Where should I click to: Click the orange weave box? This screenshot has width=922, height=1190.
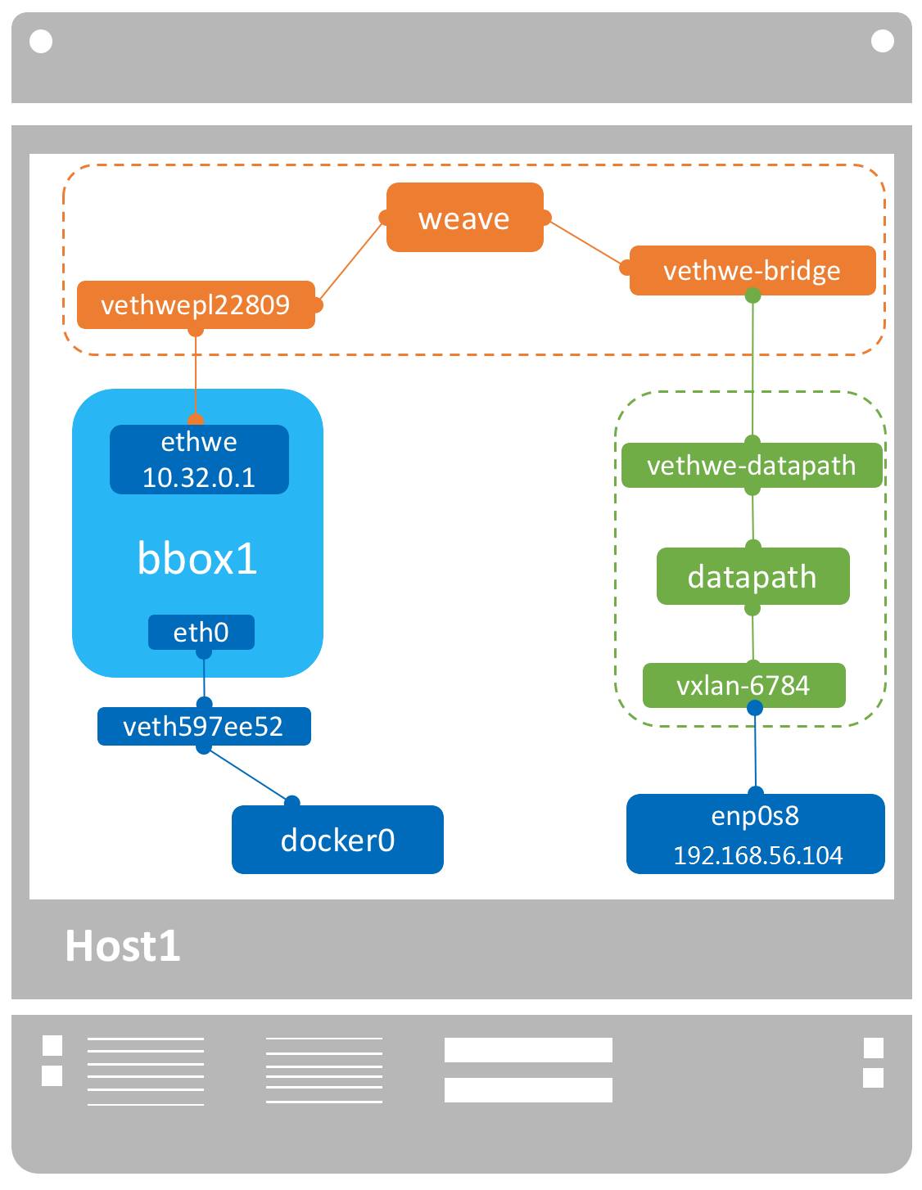pyautogui.click(x=464, y=218)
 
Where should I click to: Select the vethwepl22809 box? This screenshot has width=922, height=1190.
pyautogui.click(x=196, y=305)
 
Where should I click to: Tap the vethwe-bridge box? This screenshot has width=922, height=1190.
pyautogui.click(x=752, y=271)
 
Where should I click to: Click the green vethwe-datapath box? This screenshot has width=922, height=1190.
pyautogui.click(x=751, y=466)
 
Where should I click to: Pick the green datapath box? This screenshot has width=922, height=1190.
pyautogui.click(x=752, y=577)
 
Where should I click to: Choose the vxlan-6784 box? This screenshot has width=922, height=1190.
pyautogui.click(x=743, y=686)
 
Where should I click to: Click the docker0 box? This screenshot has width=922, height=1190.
pyautogui.click(x=337, y=840)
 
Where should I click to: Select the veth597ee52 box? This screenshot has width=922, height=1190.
pyautogui.click(x=203, y=727)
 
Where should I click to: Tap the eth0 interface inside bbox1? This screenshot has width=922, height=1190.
pyautogui.click(x=201, y=633)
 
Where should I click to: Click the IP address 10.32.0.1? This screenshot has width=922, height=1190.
pyautogui.click(x=199, y=478)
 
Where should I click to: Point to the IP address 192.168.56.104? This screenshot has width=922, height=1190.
pyautogui.click(x=757, y=855)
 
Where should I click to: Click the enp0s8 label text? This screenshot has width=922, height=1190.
pyautogui.click(x=755, y=816)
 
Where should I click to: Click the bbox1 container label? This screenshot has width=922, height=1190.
pyautogui.click(x=197, y=558)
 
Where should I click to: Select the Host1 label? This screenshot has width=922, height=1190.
pyautogui.click(x=123, y=946)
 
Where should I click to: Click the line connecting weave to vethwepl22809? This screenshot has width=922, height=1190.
pyautogui.click(x=350, y=261)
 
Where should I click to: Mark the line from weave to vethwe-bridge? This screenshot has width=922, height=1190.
pyautogui.click(x=586, y=244)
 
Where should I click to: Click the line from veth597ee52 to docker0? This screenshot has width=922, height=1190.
pyautogui.click(x=248, y=774)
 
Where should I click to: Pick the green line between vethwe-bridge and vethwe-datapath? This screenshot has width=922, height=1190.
pyautogui.click(x=753, y=368)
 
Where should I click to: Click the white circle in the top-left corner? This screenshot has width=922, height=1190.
pyautogui.click(x=41, y=41)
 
